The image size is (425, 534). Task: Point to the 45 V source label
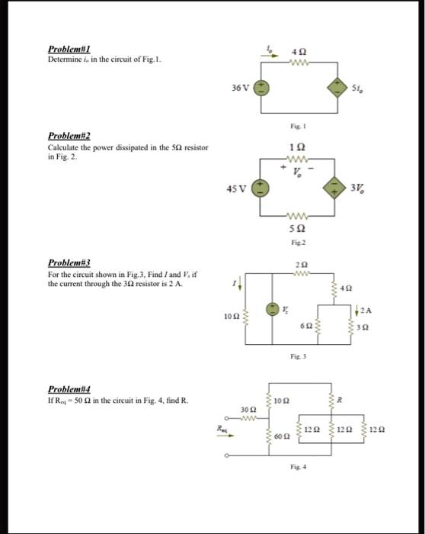coord(239,187)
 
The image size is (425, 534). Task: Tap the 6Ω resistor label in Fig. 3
coord(302,324)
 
